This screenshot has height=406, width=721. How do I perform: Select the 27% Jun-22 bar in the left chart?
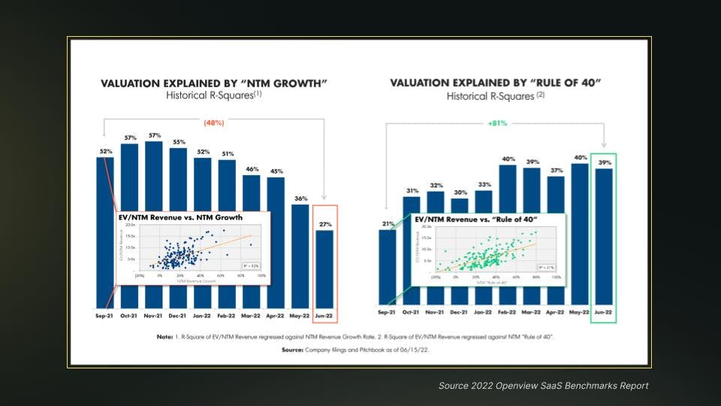tap(324, 271)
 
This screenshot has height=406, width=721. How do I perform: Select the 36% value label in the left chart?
tap(300, 198)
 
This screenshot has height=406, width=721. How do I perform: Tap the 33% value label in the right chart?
tap(484, 184)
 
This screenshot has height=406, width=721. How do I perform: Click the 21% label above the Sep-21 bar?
tap(388, 224)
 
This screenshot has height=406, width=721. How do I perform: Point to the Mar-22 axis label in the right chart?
tap(531, 311)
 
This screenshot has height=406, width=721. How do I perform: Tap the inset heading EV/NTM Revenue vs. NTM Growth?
tap(181, 217)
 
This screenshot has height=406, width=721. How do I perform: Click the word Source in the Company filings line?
tap(292, 350)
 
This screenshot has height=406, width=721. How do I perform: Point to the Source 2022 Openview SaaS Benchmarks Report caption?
tap(543, 386)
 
